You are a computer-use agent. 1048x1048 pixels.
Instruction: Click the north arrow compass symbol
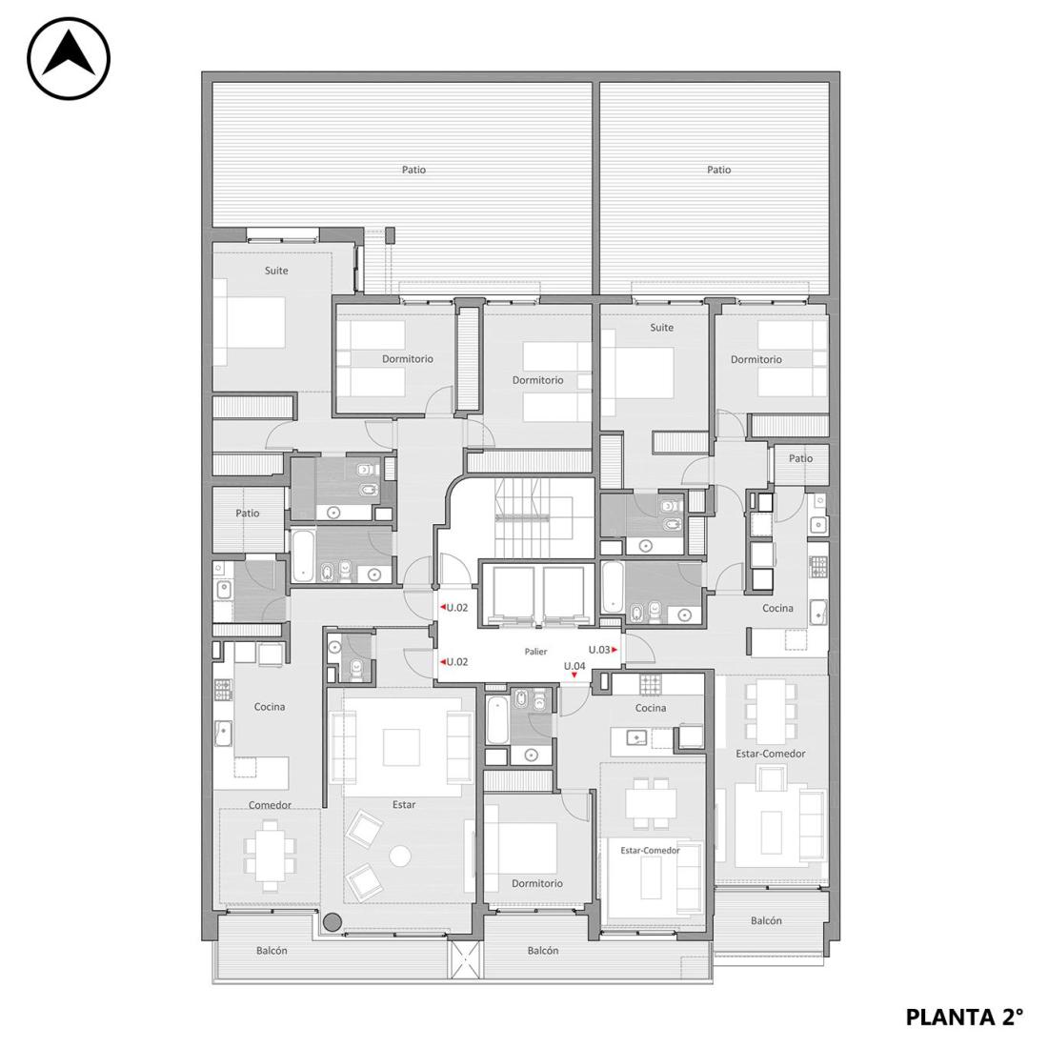[x=69, y=59]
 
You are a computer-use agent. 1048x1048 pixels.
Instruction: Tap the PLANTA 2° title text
[x=964, y=1018]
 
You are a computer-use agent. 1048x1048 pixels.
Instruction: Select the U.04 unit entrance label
[x=574, y=666]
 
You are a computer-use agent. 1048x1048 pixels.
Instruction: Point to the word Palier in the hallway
[x=535, y=652]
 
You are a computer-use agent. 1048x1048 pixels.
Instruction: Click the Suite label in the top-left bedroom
[x=276, y=271]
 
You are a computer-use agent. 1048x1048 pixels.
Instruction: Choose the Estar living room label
[x=404, y=805]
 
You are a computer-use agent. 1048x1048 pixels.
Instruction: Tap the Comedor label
[x=270, y=805]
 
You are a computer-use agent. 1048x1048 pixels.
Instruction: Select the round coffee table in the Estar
[x=400, y=857]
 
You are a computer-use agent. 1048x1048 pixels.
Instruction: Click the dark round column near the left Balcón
[x=333, y=923]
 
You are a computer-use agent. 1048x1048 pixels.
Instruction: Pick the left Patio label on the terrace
[x=413, y=170]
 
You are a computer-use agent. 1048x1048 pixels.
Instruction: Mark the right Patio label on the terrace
[x=719, y=170]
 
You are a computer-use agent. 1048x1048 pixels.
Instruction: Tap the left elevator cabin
[x=513, y=595]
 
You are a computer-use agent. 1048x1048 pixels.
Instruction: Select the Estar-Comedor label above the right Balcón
[x=771, y=754]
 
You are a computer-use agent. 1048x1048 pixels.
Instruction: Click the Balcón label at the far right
[x=766, y=920]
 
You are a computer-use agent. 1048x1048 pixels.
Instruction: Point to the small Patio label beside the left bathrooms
[x=248, y=514]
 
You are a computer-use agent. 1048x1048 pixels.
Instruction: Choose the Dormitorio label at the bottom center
[x=537, y=883]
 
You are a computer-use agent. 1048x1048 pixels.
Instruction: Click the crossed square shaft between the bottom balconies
[x=465, y=959]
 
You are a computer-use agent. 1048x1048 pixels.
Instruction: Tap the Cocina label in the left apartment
[x=270, y=707]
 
